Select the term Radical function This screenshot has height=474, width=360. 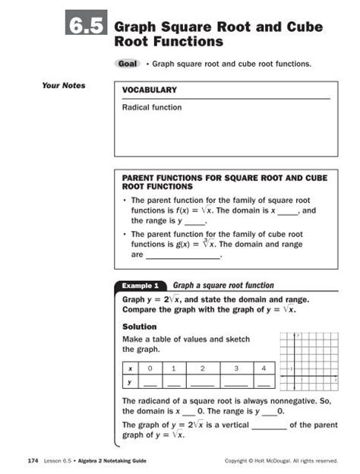[152, 108]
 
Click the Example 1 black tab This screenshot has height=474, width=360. [140, 286]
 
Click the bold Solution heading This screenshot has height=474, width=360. [139, 327]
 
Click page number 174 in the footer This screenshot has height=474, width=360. [33, 460]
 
